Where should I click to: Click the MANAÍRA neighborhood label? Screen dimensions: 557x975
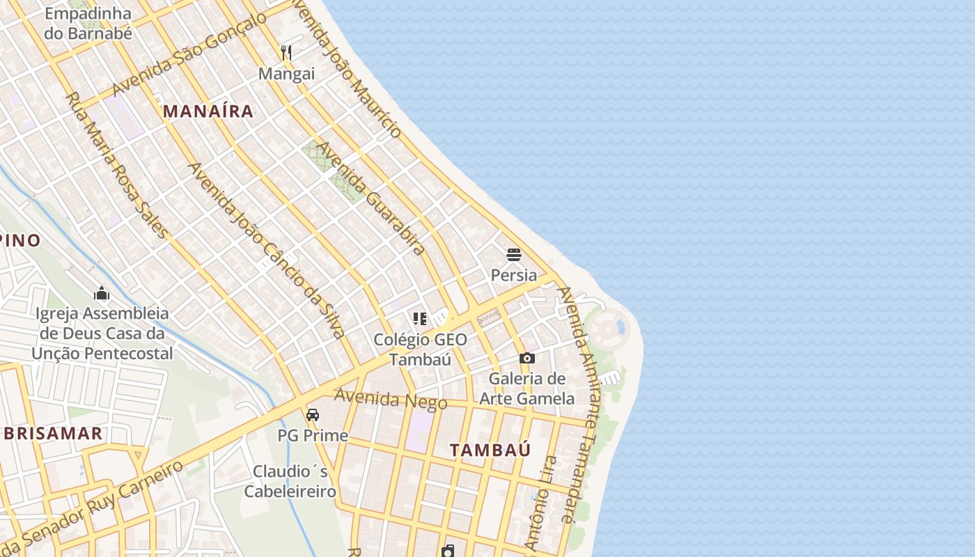coord(208,111)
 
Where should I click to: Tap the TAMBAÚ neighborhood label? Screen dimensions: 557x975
coord(490,450)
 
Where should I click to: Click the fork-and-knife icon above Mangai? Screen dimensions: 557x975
coord(286,52)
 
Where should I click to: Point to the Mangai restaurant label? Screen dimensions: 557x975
coord(286,73)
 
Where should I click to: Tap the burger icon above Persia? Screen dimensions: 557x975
coord(514,255)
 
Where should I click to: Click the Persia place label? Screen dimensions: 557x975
coord(514,275)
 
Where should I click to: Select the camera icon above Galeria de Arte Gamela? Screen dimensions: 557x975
coord(527,358)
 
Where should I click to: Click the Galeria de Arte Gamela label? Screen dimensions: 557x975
coord(527,389)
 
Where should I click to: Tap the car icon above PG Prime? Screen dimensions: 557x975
coord(313,415)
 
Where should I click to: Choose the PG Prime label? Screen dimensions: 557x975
coord(313,436)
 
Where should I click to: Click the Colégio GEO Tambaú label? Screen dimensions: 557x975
coord(420,349)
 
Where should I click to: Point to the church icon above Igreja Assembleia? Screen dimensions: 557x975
coord(102,293)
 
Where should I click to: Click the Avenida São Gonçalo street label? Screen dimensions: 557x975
coord(189,54)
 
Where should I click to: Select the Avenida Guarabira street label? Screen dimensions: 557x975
coord(370,198)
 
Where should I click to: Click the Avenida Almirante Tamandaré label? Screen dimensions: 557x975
coord(579,404)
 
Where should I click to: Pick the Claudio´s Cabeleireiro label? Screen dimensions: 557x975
coord(290,481)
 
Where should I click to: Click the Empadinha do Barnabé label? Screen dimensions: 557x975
coord(88,23)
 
